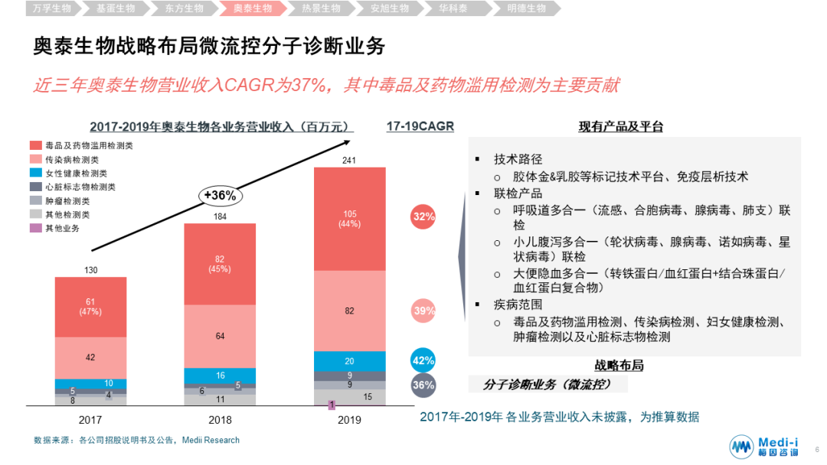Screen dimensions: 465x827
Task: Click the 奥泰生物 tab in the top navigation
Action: [252, 8]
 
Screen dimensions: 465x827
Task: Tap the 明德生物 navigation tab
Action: [526, 8]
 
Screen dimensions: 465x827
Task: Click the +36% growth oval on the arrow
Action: [219, 195]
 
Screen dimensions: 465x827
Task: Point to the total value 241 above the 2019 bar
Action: [349, 159]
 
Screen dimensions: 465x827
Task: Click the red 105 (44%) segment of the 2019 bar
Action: [349, 218]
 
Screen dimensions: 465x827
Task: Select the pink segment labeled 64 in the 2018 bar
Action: [220, 336]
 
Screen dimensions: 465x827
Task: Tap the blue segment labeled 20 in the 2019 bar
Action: [349, 361]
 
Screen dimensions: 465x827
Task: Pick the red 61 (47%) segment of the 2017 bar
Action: [90, 307]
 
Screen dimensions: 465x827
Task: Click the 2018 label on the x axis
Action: [220, 420]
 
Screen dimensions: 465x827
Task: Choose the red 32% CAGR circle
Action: [423, 216]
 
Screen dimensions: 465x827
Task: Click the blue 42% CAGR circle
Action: [423, 360]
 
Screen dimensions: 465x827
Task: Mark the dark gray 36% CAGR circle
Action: [423, 385]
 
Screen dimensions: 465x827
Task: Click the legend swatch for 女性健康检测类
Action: [36, 173]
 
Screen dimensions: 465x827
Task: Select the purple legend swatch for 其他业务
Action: [36, 228]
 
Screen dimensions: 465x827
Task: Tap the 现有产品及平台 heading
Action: [620, 127]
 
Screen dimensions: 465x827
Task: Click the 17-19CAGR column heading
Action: [420, 126]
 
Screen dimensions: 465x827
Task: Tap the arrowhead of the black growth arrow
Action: [348, 141]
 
